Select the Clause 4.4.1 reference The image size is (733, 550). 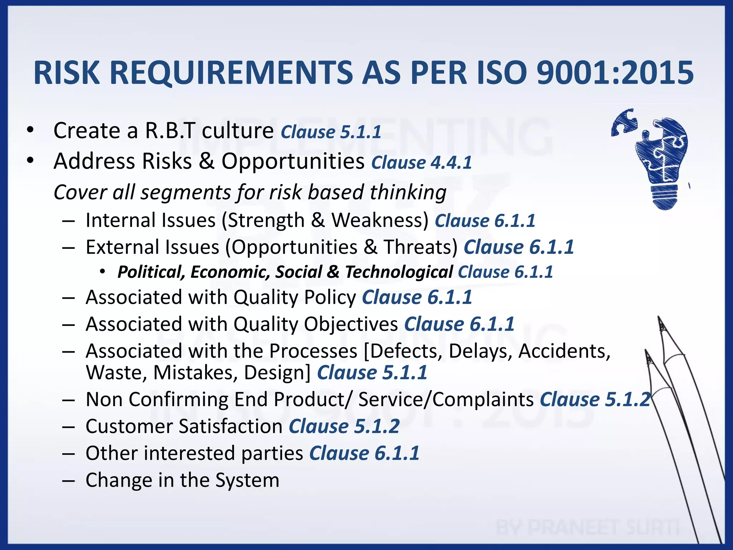pos(421,163)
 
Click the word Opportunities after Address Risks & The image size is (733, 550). pos(293,161)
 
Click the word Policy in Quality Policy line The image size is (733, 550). pos(330,298)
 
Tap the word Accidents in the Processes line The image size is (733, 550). pos(564,351)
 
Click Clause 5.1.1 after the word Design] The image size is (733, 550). pos(372,373)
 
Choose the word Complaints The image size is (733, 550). pos(483,400)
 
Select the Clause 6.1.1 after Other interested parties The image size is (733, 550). pos(364,453)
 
